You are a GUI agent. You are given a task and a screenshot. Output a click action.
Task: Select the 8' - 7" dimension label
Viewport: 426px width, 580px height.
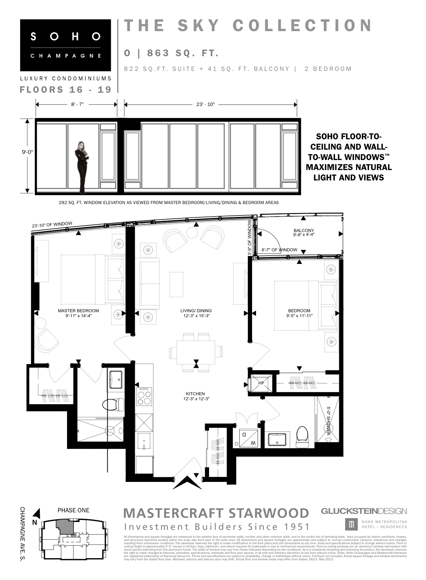tap(77, 104)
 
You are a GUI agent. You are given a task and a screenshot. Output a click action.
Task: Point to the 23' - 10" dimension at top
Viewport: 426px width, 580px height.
tap(205, 104)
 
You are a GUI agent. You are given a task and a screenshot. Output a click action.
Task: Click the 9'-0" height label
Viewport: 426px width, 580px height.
tap(28, 152)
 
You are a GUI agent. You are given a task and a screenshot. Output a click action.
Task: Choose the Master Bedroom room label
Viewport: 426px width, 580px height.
tap(78, 313)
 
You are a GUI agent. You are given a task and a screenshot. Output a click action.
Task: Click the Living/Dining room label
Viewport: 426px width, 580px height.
tap(196, 313)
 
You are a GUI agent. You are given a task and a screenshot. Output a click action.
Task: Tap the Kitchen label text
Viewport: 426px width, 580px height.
tap(196, 396)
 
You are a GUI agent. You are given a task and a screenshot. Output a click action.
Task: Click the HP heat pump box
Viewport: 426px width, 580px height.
tap(261, 383)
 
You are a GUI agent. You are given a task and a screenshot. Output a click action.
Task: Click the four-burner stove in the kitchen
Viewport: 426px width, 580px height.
tap(144, 397)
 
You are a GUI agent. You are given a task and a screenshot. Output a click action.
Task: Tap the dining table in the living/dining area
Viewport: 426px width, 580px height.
tap(196, 352)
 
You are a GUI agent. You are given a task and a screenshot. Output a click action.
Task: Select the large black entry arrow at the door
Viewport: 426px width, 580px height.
tap(187, 482)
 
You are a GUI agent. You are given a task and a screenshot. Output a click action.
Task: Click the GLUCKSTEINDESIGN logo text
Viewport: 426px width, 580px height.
tap(364, 511)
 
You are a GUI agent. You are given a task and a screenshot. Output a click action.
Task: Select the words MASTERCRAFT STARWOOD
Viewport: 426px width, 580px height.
tap(216, 513)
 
